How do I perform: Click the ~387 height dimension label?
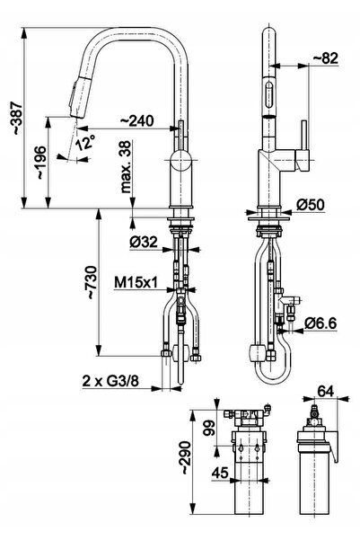click(x=16, y=118)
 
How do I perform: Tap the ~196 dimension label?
click(x=41, y=162)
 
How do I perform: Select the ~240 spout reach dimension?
click(x=137, y=120)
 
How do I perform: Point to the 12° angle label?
click(x=85, y=141)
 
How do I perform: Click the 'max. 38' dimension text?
click(x=127, y=167)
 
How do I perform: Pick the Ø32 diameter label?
click(x=144, y=242)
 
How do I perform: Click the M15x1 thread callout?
click(x=136, y=283)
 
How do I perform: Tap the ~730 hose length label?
click(x=92, y=282)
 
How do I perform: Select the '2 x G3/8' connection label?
click(x=110, y=381)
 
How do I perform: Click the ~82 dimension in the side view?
click(x=326, y=58)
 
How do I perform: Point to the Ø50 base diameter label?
click(x=311, y=205)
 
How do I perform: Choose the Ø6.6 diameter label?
click(x=320, y=323)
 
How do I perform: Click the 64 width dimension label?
click(x=326, y=391)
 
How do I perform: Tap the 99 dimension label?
click(x=209, y=428)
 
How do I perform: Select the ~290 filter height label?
click(x=186, y=458)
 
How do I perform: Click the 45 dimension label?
click(x=220, y=473)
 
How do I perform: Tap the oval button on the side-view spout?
click(x=269, y=93)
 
